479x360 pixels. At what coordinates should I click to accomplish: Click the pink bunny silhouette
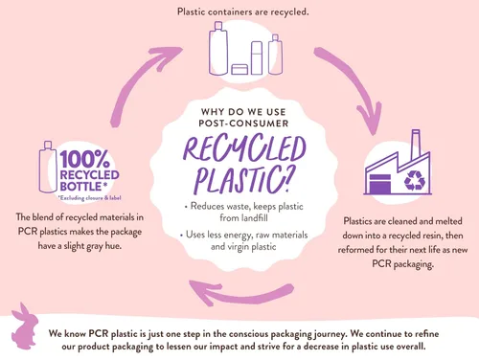click(24, 326)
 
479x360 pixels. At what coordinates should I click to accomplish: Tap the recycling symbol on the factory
click(415, 181)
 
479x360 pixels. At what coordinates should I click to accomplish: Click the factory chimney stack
click(416, 145)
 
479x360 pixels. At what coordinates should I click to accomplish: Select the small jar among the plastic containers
click(239, 69)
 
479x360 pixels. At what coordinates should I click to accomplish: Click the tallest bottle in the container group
click(218, 49)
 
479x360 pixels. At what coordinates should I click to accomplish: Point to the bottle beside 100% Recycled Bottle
click(48, 168)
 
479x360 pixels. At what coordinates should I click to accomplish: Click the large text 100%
click(85, 159)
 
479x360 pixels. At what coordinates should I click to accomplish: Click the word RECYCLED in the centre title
click(245, 148)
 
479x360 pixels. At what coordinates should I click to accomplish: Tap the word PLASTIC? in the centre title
click(243, 180)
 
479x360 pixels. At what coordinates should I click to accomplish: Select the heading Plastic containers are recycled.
click(243, 12)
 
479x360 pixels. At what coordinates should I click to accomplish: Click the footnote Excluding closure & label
click(90, 198)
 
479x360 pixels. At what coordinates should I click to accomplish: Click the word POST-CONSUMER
click(243, 124)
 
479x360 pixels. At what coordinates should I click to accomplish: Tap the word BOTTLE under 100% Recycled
click(80, 187)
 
